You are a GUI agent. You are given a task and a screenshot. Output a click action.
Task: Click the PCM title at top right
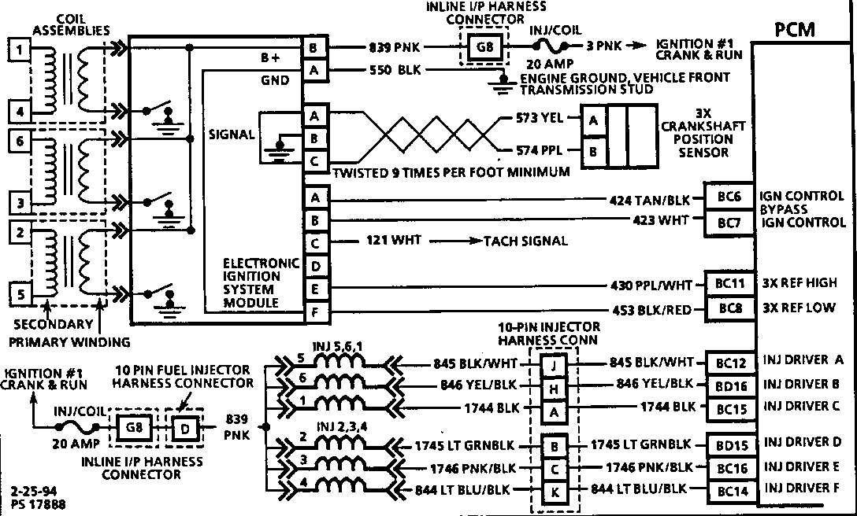click(x=794, y=31)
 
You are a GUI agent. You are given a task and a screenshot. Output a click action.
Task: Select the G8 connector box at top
click(x=481, y=46)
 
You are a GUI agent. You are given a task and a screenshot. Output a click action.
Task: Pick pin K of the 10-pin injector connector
click(x=555, y=492)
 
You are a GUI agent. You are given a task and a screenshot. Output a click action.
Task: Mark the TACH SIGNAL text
click(x=525, y=241)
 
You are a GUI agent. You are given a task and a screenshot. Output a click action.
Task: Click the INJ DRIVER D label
click(x=807, y=444)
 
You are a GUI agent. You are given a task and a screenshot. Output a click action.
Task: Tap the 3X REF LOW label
click(x=807, y=308)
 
